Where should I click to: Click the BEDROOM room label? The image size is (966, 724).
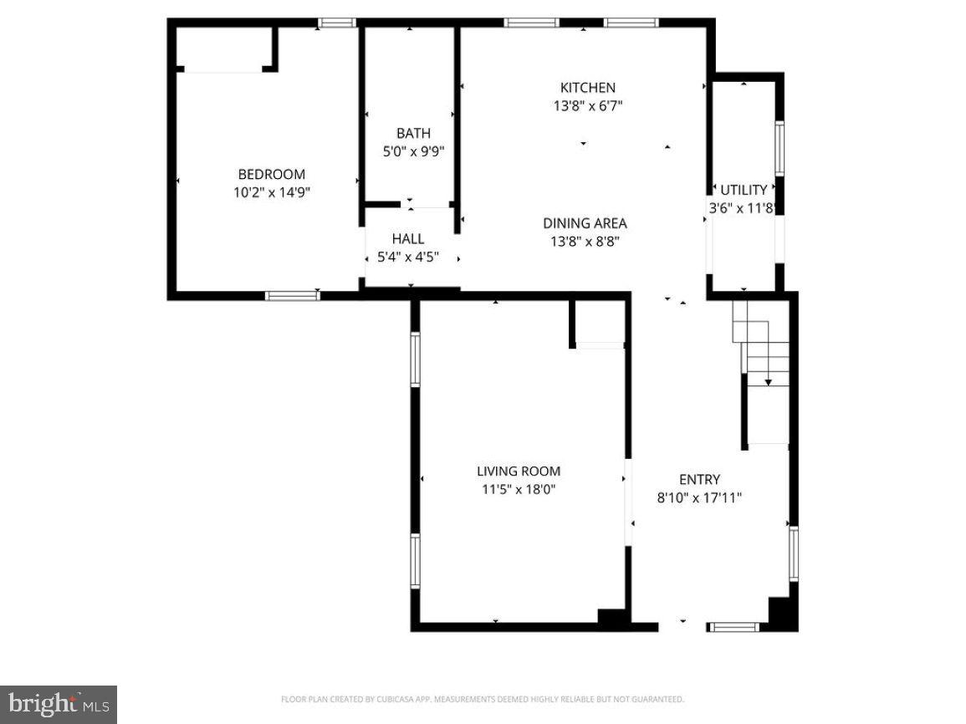coord(272,175)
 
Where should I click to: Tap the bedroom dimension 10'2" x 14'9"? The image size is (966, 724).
coord(272,192)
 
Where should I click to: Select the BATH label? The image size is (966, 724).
coord(413,134)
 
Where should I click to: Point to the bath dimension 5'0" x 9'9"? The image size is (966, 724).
coord(413,152)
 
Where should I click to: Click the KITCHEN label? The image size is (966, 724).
coord(587,88)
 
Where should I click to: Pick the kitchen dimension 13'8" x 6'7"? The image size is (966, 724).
coord(587,106)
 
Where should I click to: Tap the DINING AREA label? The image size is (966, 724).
coord(585,223)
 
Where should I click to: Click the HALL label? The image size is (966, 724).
coord(407,239)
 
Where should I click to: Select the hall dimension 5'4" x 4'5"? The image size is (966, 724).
coord(407,257)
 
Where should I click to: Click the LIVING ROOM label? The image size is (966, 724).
coord(519,472)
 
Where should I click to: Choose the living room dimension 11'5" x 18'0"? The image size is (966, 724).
coord(519,490)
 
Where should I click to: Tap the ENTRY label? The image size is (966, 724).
coord(699,480)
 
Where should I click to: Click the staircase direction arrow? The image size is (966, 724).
coord(768,381)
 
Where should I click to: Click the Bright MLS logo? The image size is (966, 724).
coord(59,705)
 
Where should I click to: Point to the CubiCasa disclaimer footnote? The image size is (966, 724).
coord(483,699)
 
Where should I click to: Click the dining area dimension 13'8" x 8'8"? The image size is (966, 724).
coord(585,242)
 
